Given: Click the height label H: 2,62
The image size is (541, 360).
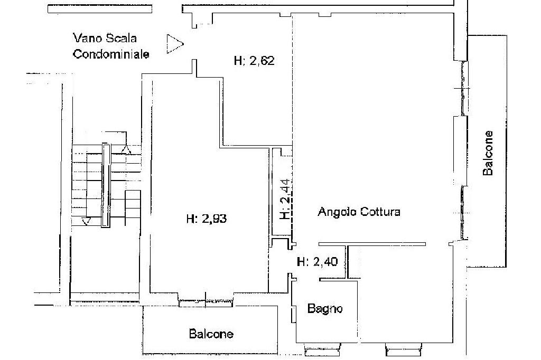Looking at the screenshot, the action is (254, 61).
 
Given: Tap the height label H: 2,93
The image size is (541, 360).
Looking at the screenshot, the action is (207, 219).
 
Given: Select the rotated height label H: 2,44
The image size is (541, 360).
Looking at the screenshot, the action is (285, 200).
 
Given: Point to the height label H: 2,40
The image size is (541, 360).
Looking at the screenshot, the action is (317, 261).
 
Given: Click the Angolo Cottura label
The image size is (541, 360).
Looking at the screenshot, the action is (359, 212).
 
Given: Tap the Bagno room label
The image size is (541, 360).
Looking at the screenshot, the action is (325, 309).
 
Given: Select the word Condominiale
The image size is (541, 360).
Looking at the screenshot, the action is (111, 54).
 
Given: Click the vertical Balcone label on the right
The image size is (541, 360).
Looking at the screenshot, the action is (488, 153).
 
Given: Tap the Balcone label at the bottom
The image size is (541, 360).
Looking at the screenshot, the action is (211, 334).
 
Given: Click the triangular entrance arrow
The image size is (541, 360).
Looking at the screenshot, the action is (174, 44).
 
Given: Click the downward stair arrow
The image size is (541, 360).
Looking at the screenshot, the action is (87, 221).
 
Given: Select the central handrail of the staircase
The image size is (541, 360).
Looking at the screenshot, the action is (106, 185).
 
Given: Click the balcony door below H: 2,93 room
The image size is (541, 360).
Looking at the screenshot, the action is (206, 302).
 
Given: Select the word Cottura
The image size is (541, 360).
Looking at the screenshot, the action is (380, 212).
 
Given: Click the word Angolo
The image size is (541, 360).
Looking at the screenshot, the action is (337, 212).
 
